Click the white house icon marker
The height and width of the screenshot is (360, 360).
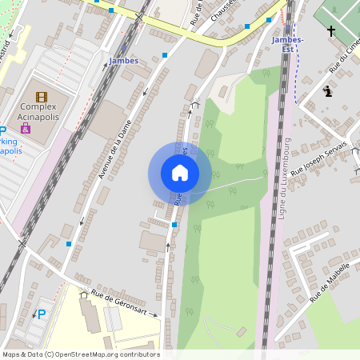(180, 173)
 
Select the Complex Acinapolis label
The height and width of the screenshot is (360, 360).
(38, 111)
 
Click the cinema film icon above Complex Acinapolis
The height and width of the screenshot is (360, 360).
(42, 97)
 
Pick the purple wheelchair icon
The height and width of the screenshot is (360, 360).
(26, 128)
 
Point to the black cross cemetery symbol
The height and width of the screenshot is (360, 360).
(331, 31)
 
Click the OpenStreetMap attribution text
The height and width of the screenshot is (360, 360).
(80, 354)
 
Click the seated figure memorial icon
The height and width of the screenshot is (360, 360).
(327, 91)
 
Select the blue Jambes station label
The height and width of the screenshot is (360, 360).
(123, 61)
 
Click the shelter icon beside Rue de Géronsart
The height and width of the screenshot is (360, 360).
(83, 294)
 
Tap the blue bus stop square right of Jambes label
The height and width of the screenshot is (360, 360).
(165, 55)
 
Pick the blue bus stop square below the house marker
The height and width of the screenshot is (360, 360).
(174, 225)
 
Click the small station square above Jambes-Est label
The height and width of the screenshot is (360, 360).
(269, 19)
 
